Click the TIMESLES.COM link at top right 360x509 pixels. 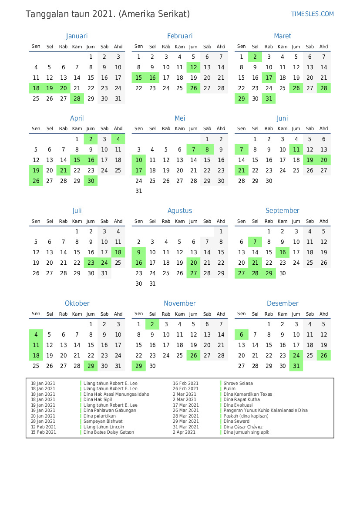click(312, 14)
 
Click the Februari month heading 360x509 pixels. click(180, 36)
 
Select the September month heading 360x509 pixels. click(283, 211)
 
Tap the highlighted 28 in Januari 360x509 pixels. click(77, 99)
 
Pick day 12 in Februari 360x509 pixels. click(194, 67)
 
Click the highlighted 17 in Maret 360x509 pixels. click(269, 78)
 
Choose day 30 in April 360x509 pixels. click(91, 181)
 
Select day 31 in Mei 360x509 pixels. click(139, 191)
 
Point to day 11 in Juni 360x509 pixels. click(296, 149)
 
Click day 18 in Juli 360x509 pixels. click(118, 252)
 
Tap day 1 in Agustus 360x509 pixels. click(221, 232)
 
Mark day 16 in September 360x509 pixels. click(283, 252)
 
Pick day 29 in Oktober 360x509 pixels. click(91, 366)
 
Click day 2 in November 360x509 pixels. click(152, 324)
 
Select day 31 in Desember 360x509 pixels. click(296, 366)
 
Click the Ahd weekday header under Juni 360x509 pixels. click(324, 129)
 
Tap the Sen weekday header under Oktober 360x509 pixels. click(36, 314)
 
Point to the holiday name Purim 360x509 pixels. click(229, 389)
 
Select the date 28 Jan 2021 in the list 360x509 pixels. click(43, 421)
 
